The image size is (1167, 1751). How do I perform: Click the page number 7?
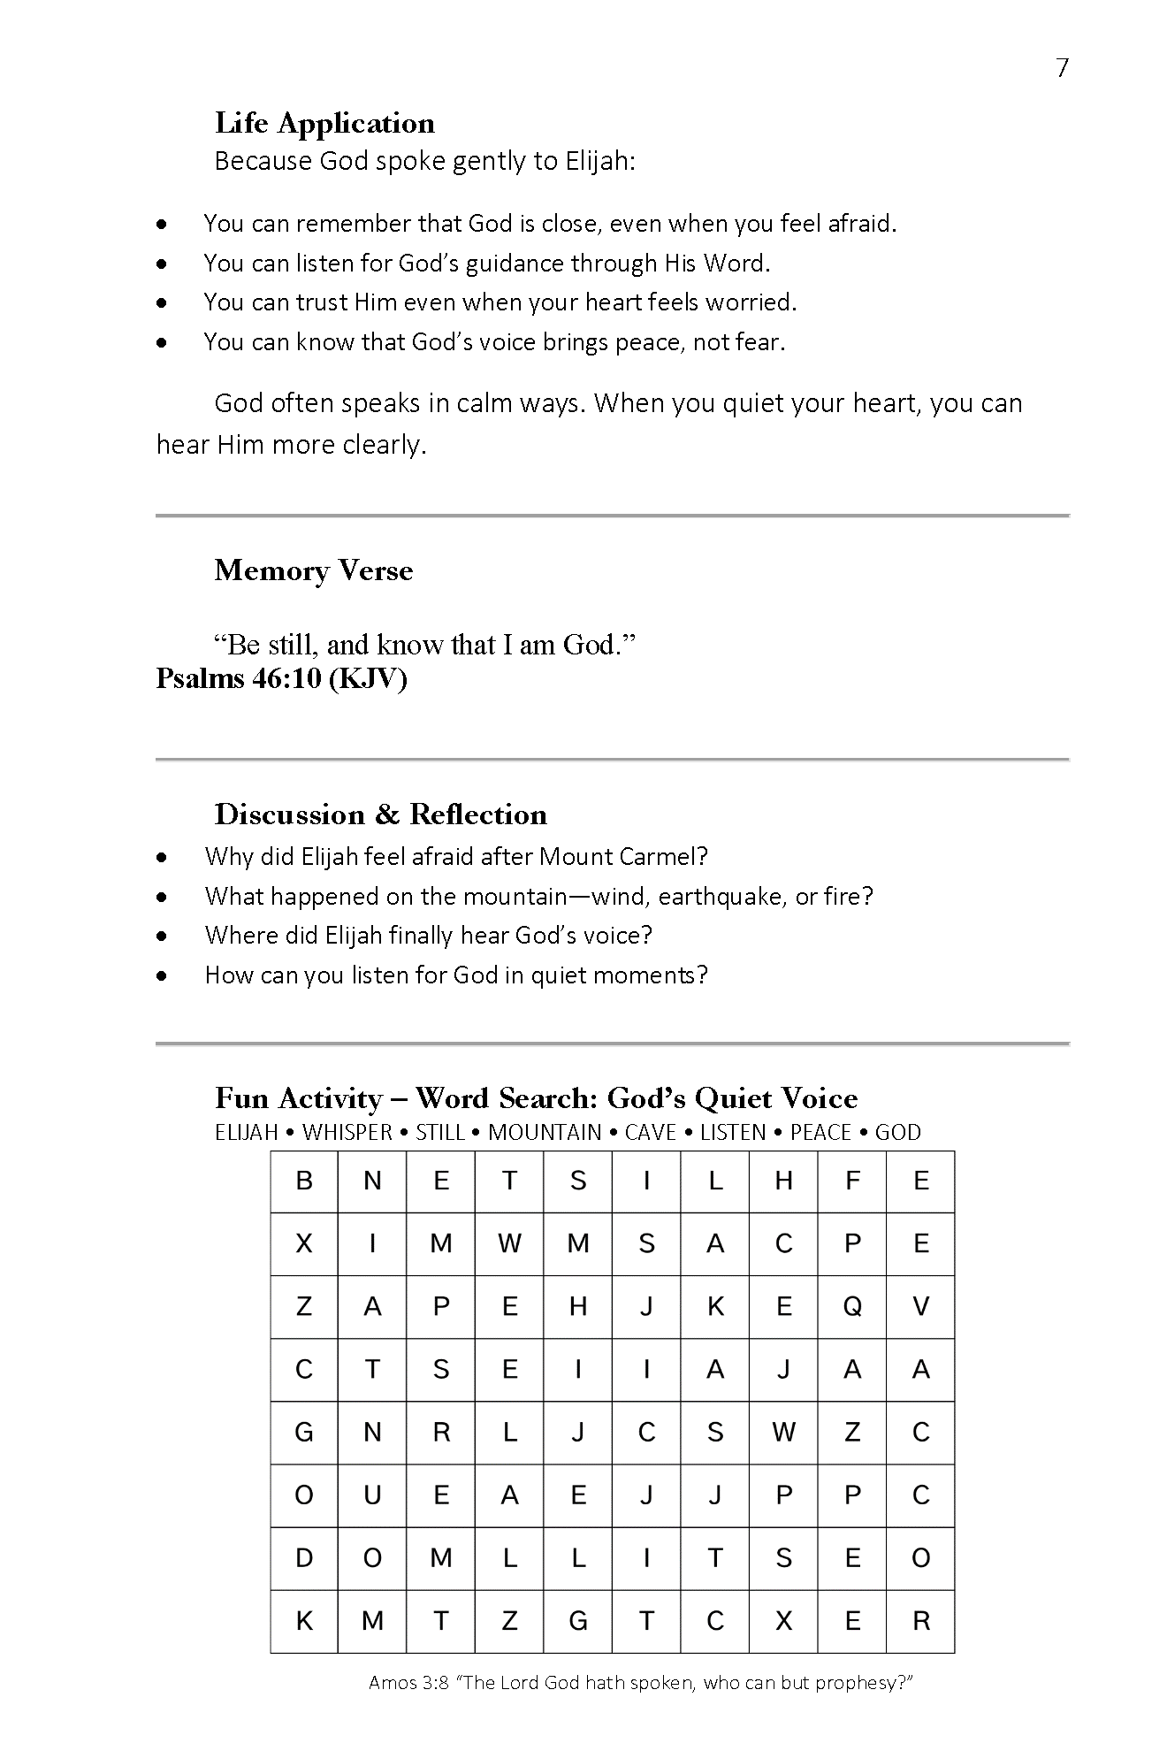[1062, 68]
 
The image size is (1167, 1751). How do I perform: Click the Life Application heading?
[324, 123]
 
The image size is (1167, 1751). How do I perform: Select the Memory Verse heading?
[313, 570]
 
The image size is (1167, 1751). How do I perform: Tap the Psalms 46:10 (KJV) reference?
[281, 678]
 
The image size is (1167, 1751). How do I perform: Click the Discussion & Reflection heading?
[380, 814]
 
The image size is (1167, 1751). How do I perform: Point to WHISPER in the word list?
[347, 1132]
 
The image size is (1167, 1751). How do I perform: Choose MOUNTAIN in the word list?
[545, 1132]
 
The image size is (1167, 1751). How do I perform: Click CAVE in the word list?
[650, 1132]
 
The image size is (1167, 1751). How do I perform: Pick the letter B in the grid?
[304, 1181]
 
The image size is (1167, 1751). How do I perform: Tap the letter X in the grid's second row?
[304, 1244]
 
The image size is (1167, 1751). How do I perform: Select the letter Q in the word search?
[852, 1307]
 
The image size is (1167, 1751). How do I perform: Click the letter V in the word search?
[920, 1307]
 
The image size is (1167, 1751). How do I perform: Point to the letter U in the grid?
[372, 1495]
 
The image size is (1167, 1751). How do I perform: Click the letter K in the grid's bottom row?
[304, 1621]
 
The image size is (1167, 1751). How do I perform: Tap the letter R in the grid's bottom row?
[920, 1621]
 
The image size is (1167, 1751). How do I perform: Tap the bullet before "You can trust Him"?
[161, 302]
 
